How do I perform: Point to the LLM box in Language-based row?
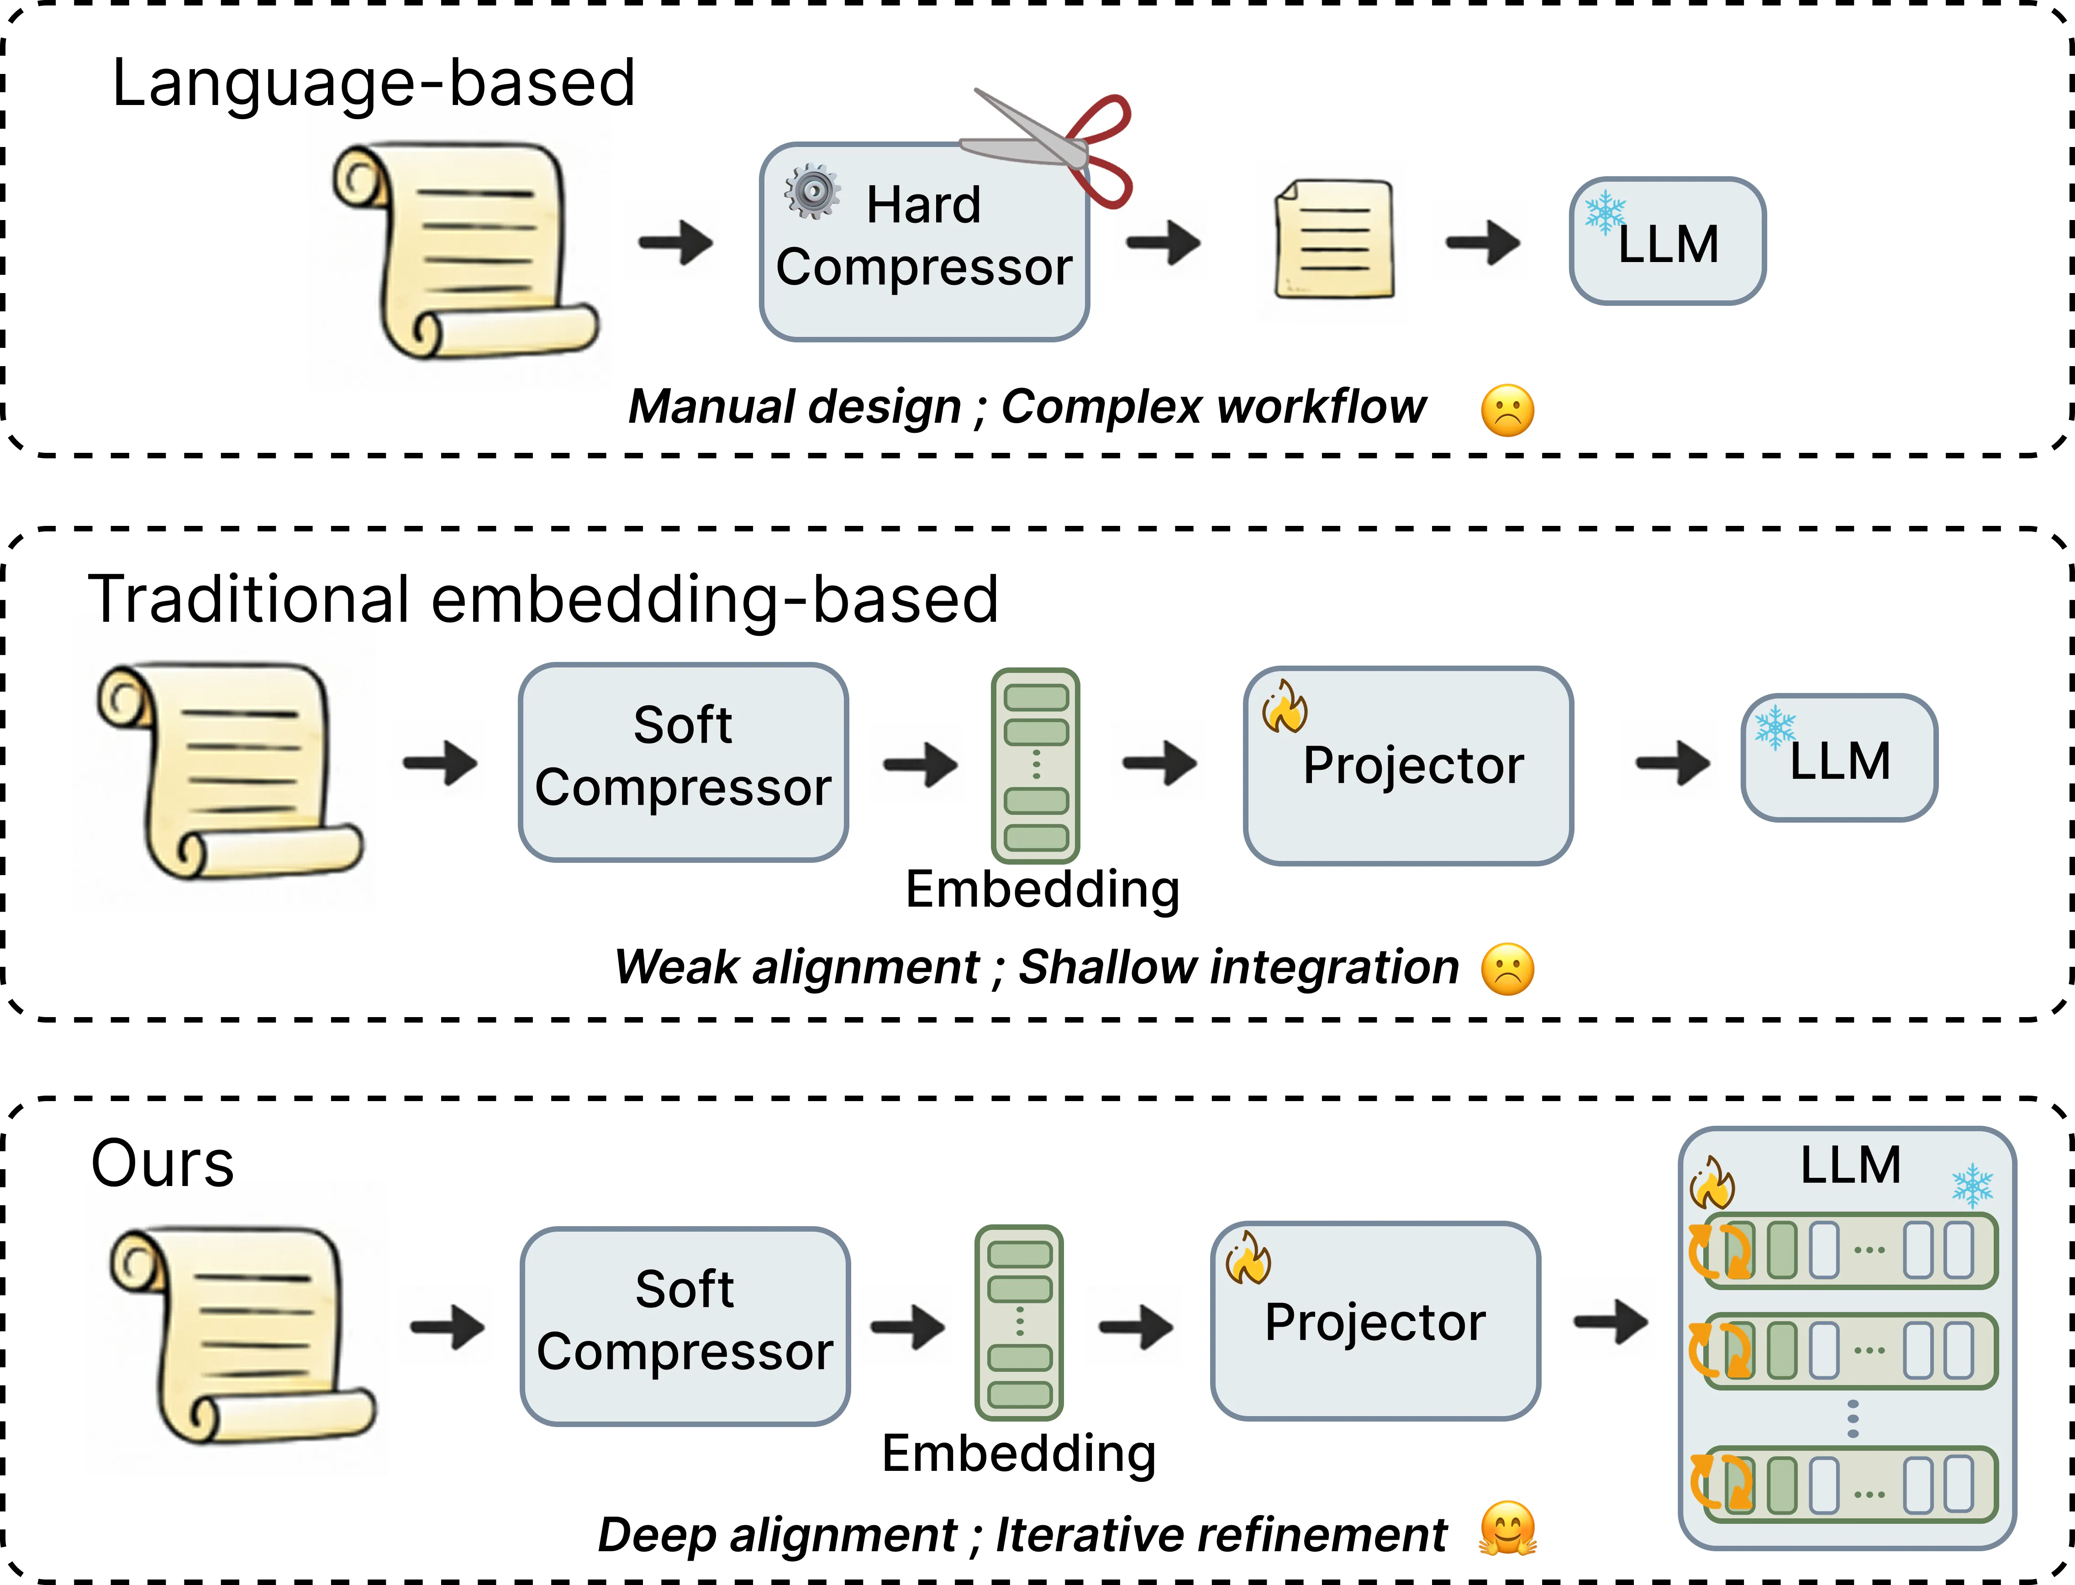point(1667,241)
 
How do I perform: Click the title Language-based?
point(373,83)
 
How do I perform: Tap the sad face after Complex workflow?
point(1507,410)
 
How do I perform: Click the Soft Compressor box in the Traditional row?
point(683,762)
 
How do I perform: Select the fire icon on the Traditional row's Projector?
point(1285,708)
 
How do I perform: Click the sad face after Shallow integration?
point(1507,969)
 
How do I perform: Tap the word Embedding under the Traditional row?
point(1042,889)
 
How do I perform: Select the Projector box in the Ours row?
point(1375,1321)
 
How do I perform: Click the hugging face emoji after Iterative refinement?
point(1507,1528)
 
